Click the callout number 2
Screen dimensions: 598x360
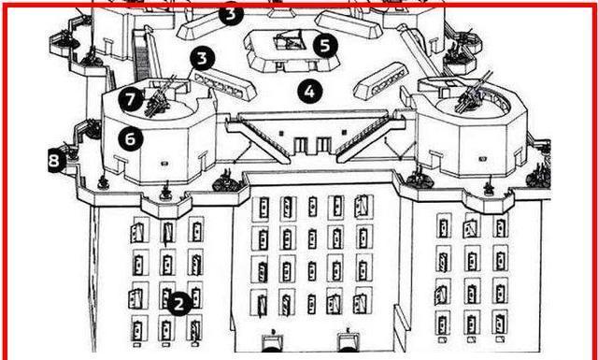pos(179,304)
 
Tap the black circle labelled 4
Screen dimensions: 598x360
pos(309,92)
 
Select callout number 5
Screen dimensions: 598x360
pos(325,46)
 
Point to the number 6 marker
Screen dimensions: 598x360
pos(131,139)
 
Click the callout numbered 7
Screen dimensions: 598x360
pos(131,99)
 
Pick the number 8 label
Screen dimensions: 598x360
pos(54,161)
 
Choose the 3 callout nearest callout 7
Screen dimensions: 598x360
pos(203,58)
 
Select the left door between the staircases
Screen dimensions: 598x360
pos(301,146)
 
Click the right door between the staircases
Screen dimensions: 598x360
pos(324,146)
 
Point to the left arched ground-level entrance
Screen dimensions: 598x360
pos(274,342)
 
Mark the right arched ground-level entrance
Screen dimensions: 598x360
pos(349,342)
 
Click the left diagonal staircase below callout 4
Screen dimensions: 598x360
pos(259,138)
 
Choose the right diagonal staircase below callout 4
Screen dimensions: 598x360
pos(367,138)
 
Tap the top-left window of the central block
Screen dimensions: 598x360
pos(263,209)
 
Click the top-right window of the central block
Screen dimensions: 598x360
pos(362,207)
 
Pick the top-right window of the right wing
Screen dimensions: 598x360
pos(501,226)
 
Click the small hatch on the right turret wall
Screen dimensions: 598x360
pos(482,158)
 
